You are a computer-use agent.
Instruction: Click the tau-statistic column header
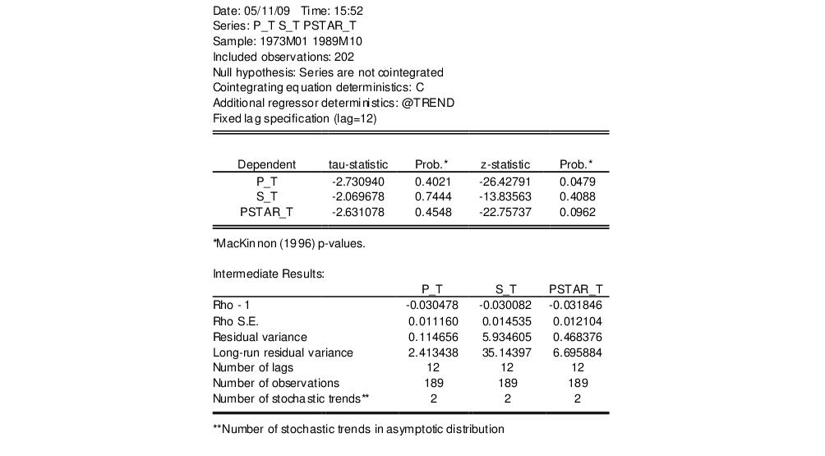[x=357, y=164]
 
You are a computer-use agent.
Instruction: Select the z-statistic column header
[x=505, y=164]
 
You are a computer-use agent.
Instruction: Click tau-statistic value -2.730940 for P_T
[x=357, y=181]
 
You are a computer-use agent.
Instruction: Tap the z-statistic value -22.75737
[x=505, y=212]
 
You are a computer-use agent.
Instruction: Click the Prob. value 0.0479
[x=577, y=181]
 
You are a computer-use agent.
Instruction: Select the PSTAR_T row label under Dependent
[x=266, y=212]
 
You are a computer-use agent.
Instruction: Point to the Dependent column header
[x=266, y=164]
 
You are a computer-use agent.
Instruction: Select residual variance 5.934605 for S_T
[x=506, y=337]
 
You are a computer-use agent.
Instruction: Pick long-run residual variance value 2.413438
[x=433, y=352]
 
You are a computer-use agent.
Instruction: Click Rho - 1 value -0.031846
[x=578, y=306]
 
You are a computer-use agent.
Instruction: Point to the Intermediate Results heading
[x=269, y=274]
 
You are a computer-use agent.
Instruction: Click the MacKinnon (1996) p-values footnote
[x=288, y=243]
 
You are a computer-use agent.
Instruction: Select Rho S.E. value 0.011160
[x=433, y=321]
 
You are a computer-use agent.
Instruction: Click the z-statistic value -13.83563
[x=505, y=196]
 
